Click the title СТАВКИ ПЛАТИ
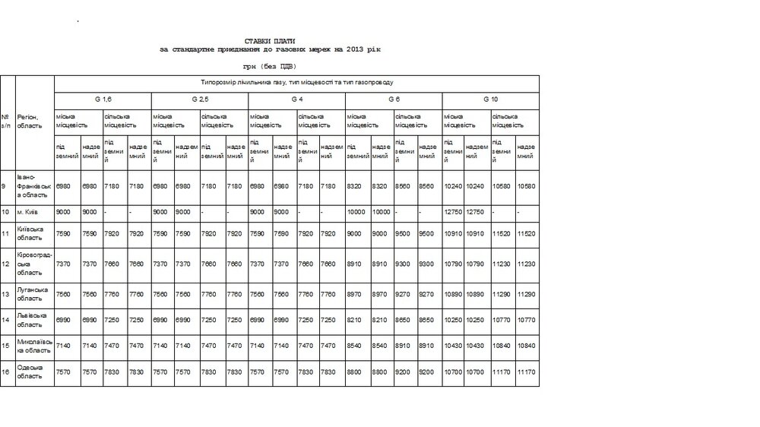click(x=270, y=40)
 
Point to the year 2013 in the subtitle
click(x=346, y=49)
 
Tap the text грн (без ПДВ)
click(x=270, y=66)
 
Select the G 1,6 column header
click(x=103, y=100)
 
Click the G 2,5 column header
click(x=200, y=100)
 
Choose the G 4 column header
click(x=297, y=100)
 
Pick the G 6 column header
click(x=394, y=100)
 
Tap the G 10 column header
click(x=491, y=100)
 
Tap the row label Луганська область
click(x=33, y=294)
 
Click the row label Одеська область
click(x=32, y=372)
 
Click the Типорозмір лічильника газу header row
click(x=296, y=81)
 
